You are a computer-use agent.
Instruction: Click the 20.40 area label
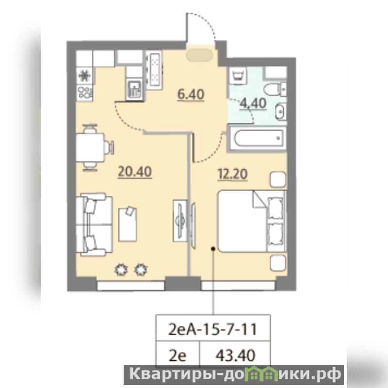click(135, 172)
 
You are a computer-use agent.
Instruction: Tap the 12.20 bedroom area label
click(233, 174)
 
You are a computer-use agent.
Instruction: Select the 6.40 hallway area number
click(191, 95)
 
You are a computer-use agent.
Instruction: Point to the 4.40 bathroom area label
click(253, 103)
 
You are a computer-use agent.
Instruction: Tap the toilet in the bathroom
click(275, 89)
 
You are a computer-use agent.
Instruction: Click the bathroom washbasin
click(281, 112)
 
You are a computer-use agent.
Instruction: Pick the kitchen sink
click(134, 89)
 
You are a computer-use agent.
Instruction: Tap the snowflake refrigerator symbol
click(85, 76)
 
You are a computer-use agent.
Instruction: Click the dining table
click(90, 147)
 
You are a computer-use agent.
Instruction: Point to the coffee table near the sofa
click(128, 224)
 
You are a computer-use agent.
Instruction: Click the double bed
click(252, 221)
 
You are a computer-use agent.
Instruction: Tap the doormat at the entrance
click(200, 55)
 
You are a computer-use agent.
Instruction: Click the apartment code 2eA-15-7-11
click(212, 329)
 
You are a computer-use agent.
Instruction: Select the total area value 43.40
click(235, 356)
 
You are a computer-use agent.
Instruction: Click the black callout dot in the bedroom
click(212, 248)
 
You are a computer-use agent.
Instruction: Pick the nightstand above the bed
click(278, 179)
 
